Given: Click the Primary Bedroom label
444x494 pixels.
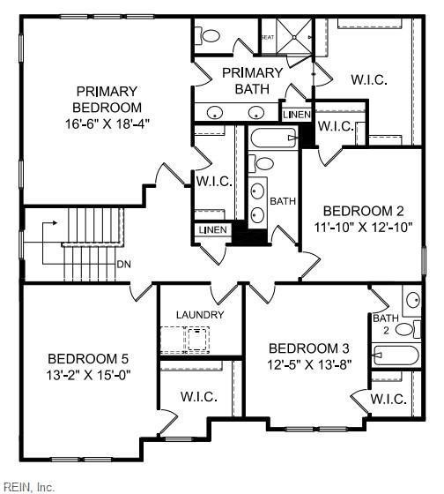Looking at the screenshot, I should [x=107, y=99].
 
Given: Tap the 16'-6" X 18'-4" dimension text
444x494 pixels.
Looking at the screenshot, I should [x=107, y=123].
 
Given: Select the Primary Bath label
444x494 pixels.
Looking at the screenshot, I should [x=253, y=80].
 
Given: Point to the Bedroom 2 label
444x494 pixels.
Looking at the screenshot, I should [x=363, y=211].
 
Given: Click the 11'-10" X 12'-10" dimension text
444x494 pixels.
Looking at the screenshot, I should [x=363, y=227].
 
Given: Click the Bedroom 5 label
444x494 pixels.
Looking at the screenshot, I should [x=88, y=359].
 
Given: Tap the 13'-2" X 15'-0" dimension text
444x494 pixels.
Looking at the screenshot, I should [x=88, y=375].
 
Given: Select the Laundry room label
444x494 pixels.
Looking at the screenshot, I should [x=200, y=315].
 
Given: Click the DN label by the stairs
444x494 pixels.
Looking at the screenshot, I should [x=125, y=264].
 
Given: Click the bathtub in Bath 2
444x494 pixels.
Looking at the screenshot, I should [x=393, y=356].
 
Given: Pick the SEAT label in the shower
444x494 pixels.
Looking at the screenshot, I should [x=268, y=36].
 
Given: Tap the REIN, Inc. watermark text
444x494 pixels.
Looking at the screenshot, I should [x=30, y=486].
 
